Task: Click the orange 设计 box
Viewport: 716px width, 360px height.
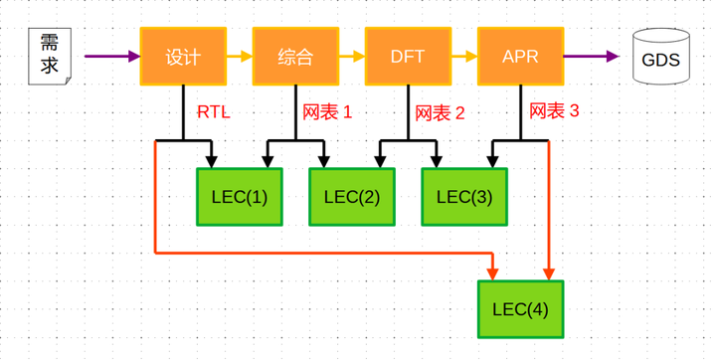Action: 183,56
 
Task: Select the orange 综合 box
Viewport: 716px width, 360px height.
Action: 295,56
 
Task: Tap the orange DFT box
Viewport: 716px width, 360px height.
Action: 409,56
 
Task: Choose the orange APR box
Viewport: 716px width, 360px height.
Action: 521,56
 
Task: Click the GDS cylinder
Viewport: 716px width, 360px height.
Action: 660,59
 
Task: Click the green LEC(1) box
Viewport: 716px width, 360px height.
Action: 240,196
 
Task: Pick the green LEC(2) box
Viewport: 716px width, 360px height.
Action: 352,196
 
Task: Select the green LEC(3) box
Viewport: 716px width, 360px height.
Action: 464,196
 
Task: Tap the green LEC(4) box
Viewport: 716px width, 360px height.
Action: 521,309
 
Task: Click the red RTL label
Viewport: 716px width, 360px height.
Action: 214,112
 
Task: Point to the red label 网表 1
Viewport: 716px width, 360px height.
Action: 327,111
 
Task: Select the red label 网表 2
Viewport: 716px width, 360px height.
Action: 440,112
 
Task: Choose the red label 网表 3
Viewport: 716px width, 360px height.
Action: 554,110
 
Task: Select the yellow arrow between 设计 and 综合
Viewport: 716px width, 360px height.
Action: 240,57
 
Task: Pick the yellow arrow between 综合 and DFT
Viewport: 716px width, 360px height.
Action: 352,57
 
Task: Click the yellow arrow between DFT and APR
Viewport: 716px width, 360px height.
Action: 464,57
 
